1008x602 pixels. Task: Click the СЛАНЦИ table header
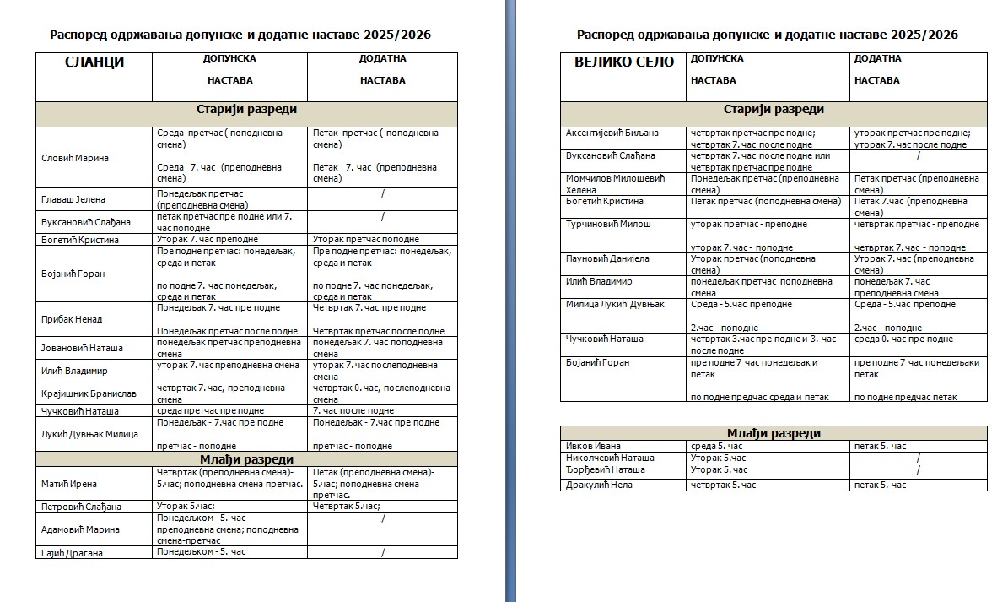[x=94, y=62]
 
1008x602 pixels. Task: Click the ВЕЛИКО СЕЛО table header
[x=624, y=62]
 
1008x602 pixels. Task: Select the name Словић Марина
[x=75, y=158]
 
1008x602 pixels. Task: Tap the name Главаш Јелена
[x=73, y=199]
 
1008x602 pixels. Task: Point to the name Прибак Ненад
[x=72, y=319]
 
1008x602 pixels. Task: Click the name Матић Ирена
[x=69, y=484]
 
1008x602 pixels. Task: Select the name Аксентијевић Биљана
[x=612, y=133]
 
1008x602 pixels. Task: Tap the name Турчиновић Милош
[x=608, y=224]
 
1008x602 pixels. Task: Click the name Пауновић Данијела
[x=607, y=258]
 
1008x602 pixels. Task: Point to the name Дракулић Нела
[x=599, y=485]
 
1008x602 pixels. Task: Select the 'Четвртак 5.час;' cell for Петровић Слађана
[x=346, y=507]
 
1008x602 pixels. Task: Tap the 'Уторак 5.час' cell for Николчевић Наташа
[x=718, y=458]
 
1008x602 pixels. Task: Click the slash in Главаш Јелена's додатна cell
[x=382, y=194]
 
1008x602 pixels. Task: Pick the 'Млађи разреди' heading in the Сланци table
[x=246, y=458]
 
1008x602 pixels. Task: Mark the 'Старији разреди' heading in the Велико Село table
[x=774, y=110]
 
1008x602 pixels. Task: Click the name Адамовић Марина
[x=80, y=529]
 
